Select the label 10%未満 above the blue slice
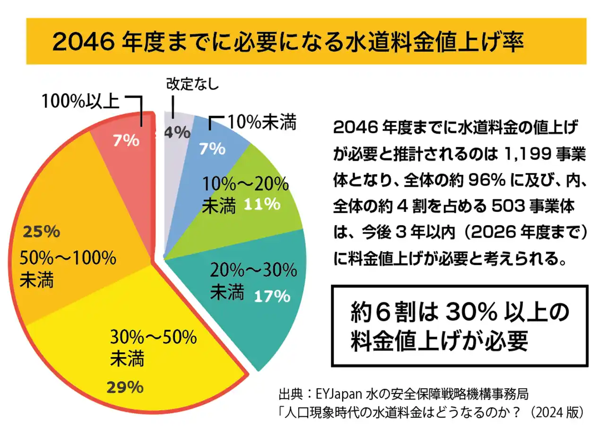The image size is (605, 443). [261, 123]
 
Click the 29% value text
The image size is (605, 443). [125, 388]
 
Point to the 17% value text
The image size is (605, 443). [271, 296]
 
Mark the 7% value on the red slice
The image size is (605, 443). [126, 140]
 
